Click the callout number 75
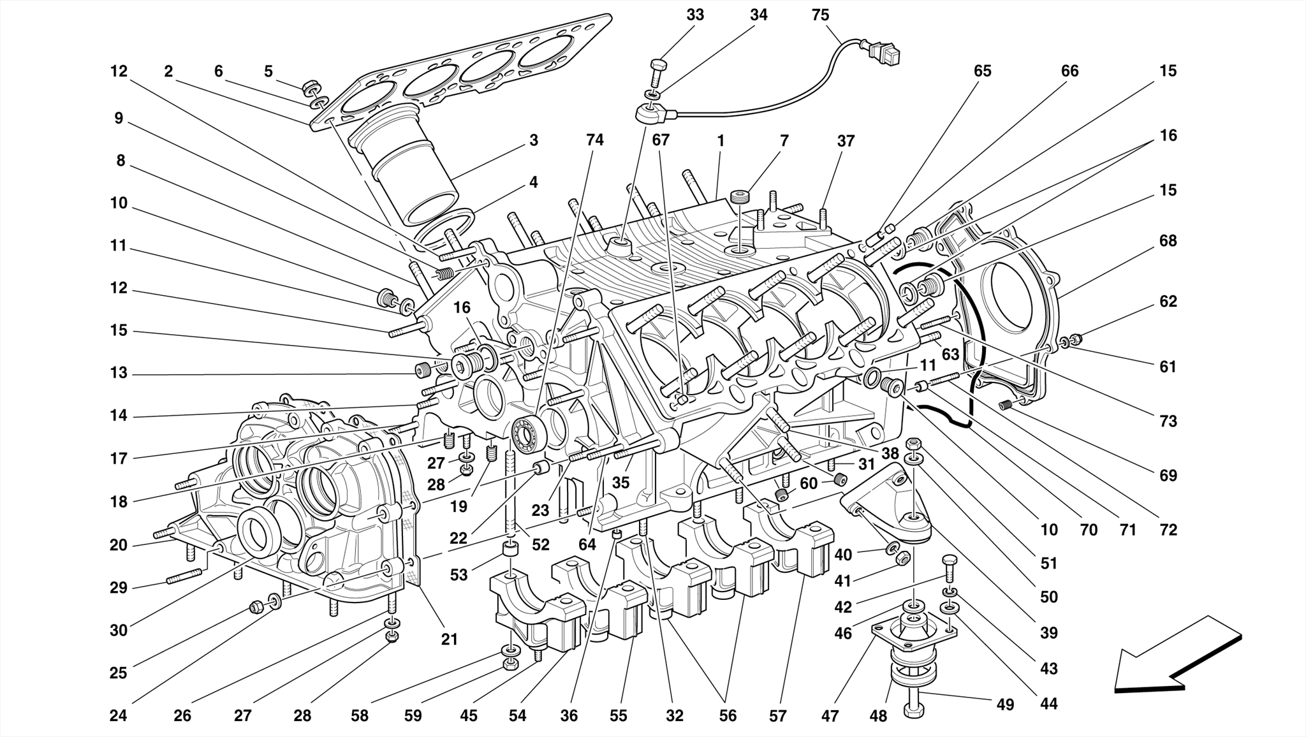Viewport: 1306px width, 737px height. point(820,15)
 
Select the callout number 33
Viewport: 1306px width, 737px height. point(695,15)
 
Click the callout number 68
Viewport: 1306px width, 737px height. point(1168,241)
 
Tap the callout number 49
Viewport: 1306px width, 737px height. point(1005,704)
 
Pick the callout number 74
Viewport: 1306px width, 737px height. point(594,140)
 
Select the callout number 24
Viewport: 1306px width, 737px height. point(118,716)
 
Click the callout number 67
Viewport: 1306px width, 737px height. point(661,140)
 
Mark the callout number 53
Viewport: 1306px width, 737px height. point(459,574)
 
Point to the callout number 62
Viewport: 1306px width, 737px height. point(1168,301)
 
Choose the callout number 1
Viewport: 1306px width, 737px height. point(721,140)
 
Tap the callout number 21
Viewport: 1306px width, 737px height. point(450,639)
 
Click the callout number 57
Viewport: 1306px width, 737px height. point(777,716)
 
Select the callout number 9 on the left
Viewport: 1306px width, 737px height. point(119,118)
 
